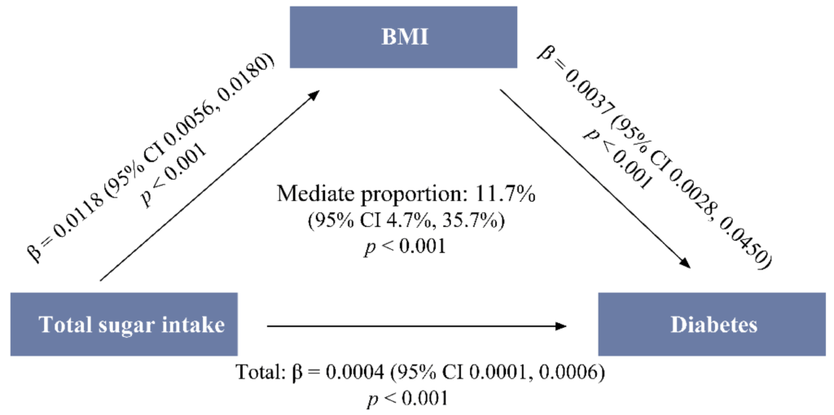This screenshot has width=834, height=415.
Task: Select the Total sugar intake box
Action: tap(124, 324)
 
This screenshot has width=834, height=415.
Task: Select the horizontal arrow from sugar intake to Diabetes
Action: tap(416, 325)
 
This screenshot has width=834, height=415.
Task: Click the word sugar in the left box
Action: tap(125, 325)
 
